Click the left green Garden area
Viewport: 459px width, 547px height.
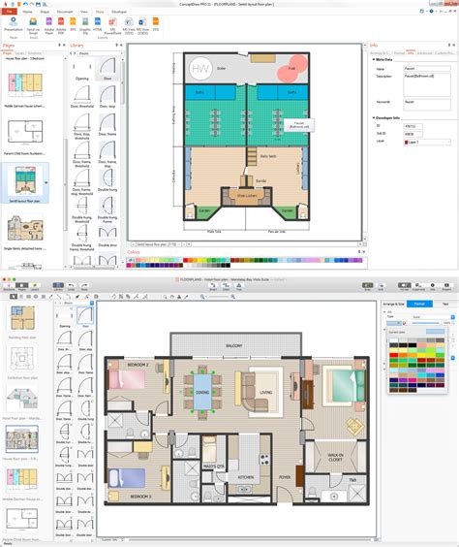(204, 210)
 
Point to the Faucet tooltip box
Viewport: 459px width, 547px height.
(300, 125)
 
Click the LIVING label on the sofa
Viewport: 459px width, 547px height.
(264, 392)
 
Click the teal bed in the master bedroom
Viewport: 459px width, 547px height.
(341, 380)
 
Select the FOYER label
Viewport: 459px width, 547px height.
(285, 476)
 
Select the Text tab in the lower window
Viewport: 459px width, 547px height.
(444, 304)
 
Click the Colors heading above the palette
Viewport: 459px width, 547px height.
(135, 251)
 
